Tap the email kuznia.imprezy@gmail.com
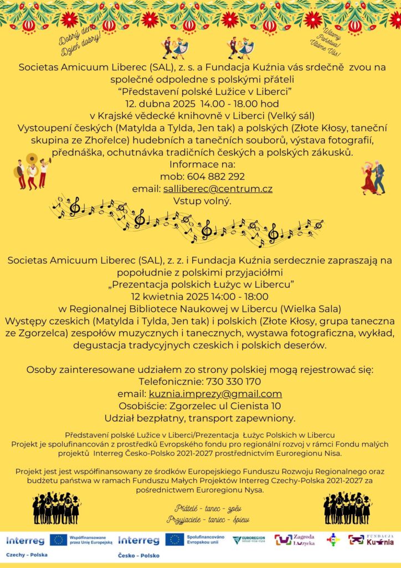(x=215, y=394)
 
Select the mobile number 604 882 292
(x=220, y=177)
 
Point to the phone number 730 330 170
(x=233, y=382)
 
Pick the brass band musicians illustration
(x=32, y=172)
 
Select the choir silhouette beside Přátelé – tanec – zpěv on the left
(x=55, y=508)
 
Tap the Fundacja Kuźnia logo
(x=379, y=539)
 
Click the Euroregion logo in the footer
(x=248, y=539)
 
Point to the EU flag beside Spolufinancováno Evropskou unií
(x=175, y=539)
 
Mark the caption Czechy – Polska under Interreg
(x=27, y=554)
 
